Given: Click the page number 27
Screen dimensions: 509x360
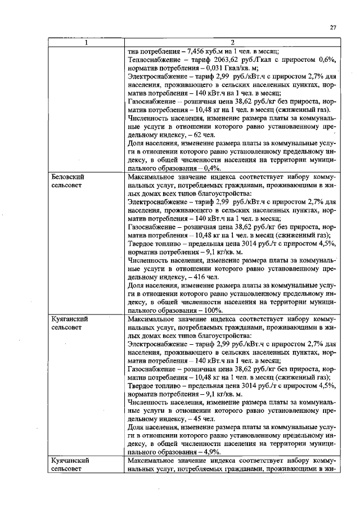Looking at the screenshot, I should [x=333, y=28].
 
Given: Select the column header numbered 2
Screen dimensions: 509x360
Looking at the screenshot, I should [x=232, y=42].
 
